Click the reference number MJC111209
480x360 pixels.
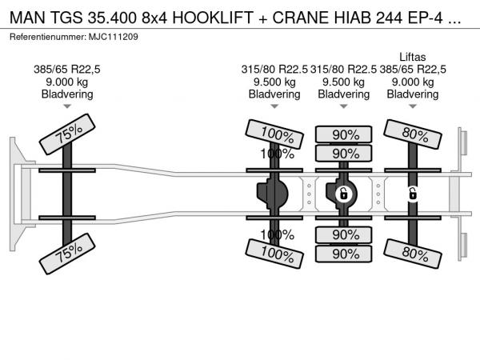point(114,37)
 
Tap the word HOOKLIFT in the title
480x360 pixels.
point(213,18)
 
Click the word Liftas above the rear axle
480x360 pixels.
point(412,58)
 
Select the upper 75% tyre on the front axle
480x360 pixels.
point(67,134)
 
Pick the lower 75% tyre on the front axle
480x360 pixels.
point(67,254)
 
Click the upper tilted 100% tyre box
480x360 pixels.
point(274,134)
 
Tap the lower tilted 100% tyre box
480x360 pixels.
point(274,254)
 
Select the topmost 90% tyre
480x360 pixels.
point(344,134)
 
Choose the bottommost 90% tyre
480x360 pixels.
point(344,254)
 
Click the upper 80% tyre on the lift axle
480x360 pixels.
point(413,134)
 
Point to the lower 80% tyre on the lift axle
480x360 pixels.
point(413,254)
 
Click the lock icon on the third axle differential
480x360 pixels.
point(343,194)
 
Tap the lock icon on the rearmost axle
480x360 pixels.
point(413,194)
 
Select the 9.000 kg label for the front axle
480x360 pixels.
point(66,82)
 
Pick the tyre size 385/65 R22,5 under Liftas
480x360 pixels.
point(413,70)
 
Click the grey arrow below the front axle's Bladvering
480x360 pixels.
point(67,106)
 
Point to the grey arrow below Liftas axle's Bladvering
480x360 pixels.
point(413,106)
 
